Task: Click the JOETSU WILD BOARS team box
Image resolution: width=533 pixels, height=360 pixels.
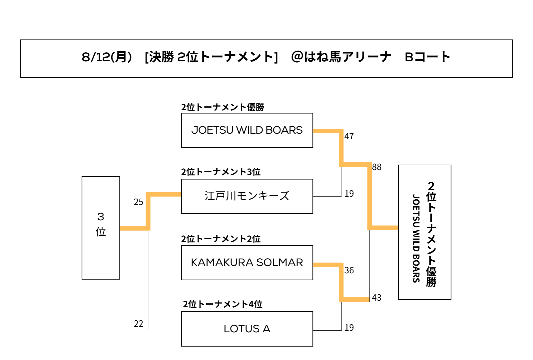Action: pos(247,130)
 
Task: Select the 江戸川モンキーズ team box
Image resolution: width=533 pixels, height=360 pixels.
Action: pos(247,196)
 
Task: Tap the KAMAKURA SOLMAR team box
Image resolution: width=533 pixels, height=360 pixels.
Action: pos(247,263)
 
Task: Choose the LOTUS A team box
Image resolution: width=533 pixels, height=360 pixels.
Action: pos(247,329)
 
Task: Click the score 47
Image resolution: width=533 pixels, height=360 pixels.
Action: pos(349,136)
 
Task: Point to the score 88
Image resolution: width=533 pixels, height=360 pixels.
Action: pos(377,167)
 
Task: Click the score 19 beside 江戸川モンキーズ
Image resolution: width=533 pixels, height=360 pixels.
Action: pos(349,194)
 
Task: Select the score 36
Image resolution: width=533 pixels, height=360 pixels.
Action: pos(349,270)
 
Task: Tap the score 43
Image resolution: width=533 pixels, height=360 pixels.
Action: pos(377,298)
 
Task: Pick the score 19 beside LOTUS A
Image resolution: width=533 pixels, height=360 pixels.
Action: pos(349,328)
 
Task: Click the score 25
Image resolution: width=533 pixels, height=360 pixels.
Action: pos(139,202)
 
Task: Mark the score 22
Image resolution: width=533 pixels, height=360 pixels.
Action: pos(139,324)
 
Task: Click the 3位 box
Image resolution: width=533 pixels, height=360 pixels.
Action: pos(101,228)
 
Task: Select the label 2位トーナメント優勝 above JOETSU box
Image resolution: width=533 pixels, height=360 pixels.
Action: pos(223,107)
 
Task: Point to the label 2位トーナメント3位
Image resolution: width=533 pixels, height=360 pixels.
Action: pos(221,172)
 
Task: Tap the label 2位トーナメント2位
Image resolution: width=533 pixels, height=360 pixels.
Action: pos(221,239)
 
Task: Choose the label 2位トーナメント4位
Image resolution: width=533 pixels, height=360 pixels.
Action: pos(223,304)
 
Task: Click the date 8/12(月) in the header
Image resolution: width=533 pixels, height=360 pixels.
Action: pos(107,57)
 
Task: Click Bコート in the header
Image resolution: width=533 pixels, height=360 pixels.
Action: pos(427,57)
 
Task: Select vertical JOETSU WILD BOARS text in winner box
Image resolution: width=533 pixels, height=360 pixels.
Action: pos(416,238)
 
